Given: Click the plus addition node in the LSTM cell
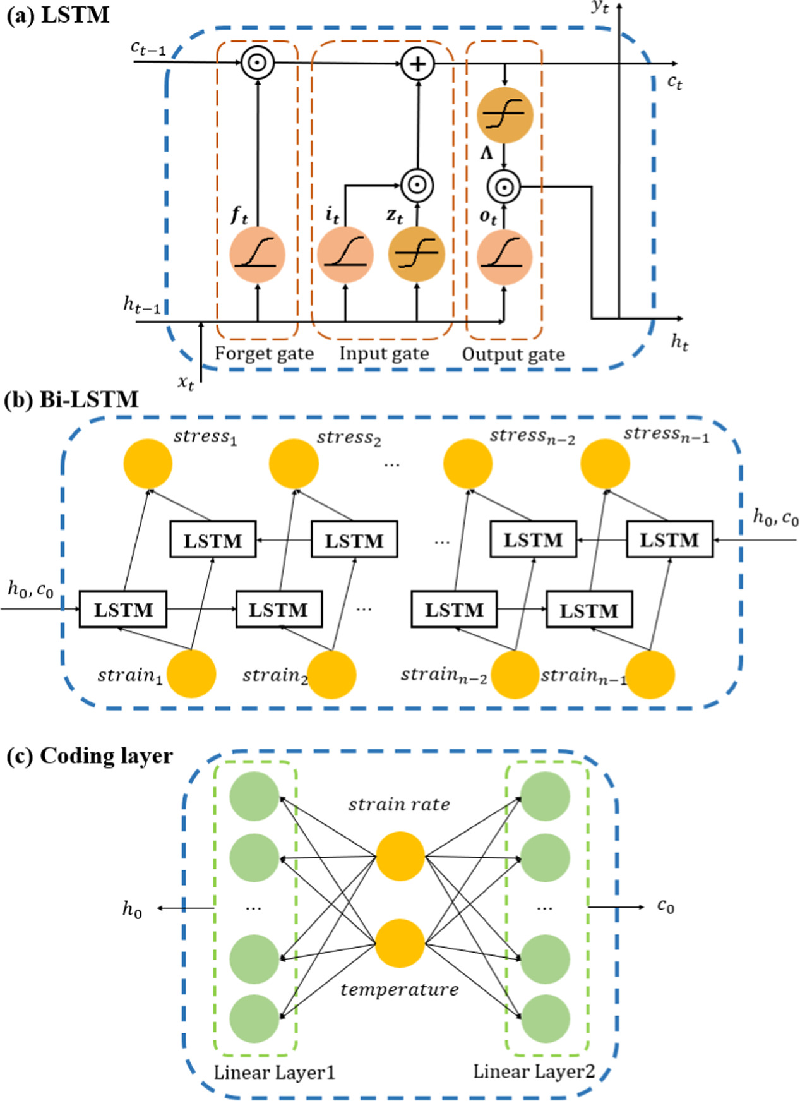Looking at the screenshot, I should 417,64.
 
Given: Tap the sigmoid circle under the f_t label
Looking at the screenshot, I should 257,255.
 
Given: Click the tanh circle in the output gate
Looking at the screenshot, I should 504,115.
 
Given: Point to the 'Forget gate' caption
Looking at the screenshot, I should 264,353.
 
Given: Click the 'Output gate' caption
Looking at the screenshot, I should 513,354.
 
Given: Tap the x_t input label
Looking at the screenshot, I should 186,382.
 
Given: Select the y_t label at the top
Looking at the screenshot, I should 600,8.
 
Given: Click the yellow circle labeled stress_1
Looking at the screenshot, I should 148,463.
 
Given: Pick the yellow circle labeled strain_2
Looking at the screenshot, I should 331,674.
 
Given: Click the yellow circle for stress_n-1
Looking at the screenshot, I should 605,463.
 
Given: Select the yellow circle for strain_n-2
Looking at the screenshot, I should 515,674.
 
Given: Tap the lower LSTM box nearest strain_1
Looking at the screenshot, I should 123,610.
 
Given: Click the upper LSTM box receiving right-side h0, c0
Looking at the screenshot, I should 669,539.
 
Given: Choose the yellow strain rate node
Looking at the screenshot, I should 400,856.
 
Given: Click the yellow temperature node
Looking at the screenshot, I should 400,944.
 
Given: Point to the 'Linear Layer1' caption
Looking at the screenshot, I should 274,1072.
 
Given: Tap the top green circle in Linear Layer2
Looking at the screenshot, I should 545,796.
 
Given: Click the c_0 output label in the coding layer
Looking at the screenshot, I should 666,906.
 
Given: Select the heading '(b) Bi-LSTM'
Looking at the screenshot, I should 71,399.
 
